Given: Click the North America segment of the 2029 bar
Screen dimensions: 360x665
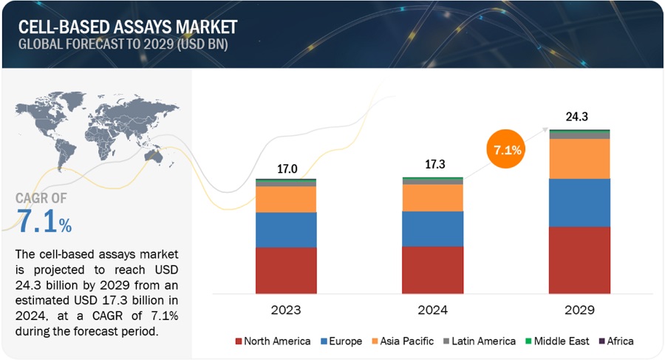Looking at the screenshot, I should point(579,259).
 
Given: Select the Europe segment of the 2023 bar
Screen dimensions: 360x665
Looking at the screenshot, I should point(285,229).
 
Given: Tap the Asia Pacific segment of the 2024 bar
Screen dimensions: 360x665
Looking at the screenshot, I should point(432,197).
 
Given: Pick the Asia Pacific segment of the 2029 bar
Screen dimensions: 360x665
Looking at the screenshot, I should point(579,158).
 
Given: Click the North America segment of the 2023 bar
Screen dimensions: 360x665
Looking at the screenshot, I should point(285,270).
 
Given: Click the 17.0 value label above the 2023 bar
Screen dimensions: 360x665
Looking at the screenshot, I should point(286,169).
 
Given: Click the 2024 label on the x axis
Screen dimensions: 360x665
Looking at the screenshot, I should point(432,310).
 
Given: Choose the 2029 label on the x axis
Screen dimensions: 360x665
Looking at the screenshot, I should point(579,310).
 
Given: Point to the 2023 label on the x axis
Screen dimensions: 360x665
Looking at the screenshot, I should point(285,310).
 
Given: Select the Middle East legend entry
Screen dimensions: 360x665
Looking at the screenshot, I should point(559,341).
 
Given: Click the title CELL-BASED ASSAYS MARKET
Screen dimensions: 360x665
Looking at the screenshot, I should point(128,27).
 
